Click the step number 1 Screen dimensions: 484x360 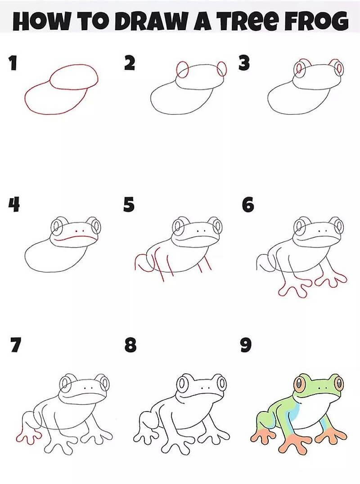coord(13,63)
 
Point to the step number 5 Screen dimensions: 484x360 coord(129,205)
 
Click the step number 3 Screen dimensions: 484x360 coord(243,63)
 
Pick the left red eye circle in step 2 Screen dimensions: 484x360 coord(182,70)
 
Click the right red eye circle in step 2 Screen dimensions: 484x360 coord(221,69)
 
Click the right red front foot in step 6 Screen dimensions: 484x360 coord(331,280)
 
